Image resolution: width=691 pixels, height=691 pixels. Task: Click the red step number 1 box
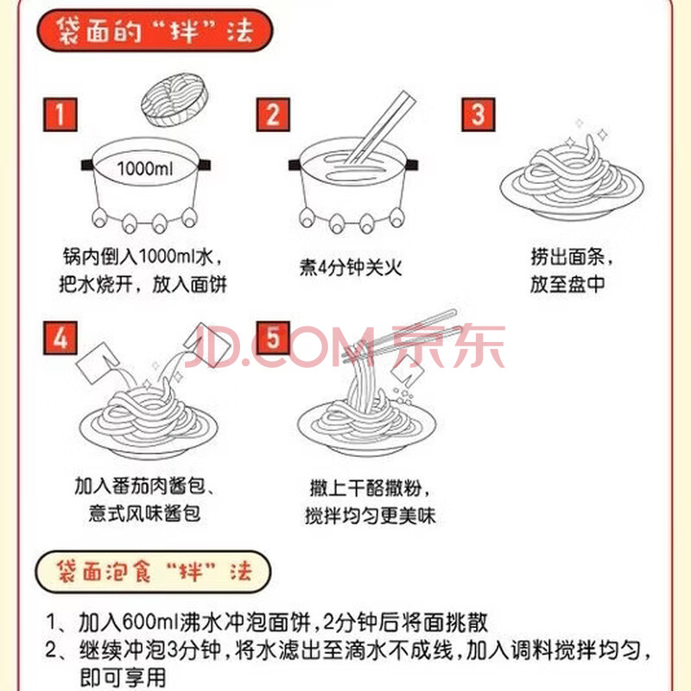coord(60,115)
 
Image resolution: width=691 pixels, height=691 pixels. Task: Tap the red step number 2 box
coord(273,115)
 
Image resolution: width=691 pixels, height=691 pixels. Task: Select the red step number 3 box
coord(479,115)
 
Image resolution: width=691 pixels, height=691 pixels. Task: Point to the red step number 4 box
coord(60,338)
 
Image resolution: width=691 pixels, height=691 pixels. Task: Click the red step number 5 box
coord(273,338)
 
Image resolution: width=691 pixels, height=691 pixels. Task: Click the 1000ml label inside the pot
coord(145,168)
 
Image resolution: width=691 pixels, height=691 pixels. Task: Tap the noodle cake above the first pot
coord(174,99)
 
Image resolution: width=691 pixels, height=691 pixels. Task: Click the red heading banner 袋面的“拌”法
coord(155,30)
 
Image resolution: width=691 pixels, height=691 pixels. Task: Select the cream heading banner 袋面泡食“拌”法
coord(153,572)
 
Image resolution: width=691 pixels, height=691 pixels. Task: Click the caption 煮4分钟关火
coord(351,267)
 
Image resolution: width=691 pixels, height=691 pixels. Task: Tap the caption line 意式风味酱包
coord(144,513)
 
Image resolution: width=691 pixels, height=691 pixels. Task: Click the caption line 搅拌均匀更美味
coord(371,516)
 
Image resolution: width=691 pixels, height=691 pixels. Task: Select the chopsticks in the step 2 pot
coord(379,128)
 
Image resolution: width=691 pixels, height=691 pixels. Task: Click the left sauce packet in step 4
coord(98,363)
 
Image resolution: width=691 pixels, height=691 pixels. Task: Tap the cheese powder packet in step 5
coord(407,370)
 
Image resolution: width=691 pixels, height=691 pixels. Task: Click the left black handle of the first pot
coord(88,165)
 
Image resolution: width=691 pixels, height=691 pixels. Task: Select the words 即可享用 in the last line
coord(123,678)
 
